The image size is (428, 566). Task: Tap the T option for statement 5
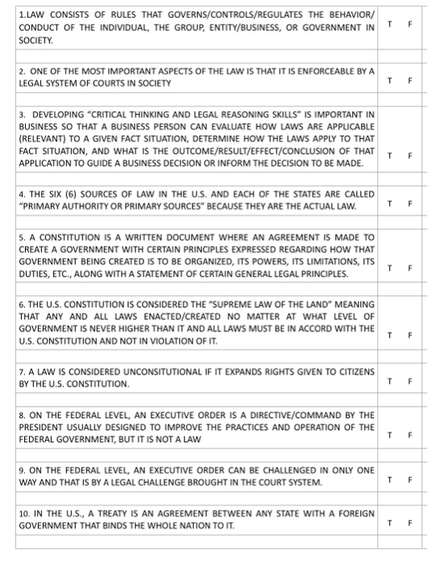[391, 267]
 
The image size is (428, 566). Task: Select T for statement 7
[391, 380]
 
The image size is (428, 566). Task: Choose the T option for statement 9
[391, 480]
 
